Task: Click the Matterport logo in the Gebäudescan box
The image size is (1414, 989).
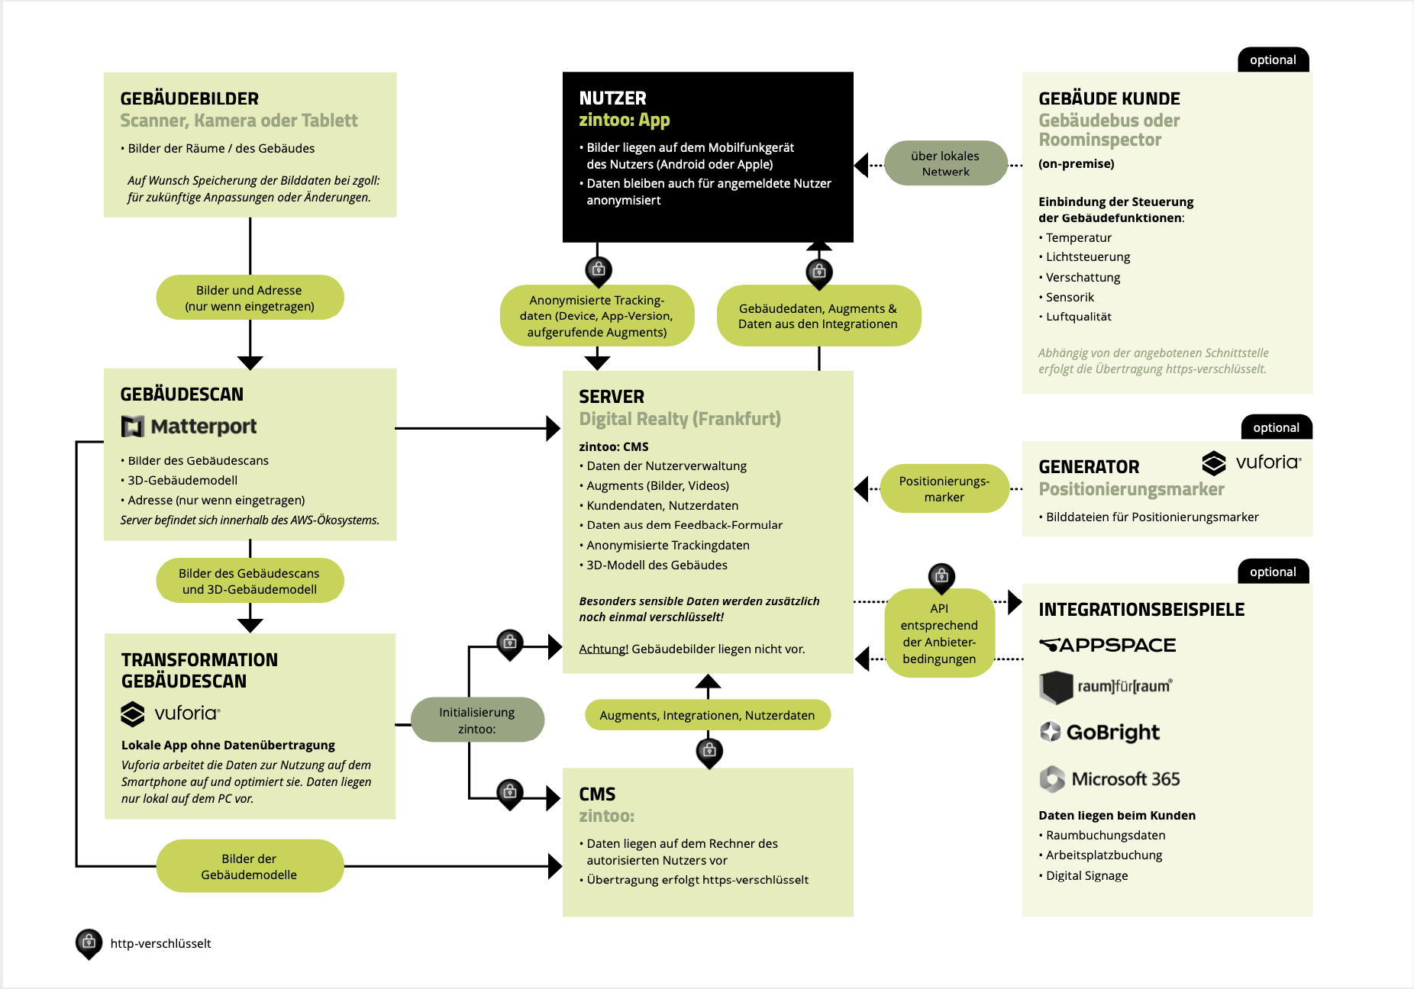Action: (x=189, y=427)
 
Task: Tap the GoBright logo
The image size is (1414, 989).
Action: (x=1099, y=732)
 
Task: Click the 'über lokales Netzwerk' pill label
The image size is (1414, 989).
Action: (x=945, y=163)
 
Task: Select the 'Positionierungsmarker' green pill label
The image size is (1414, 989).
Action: (x=944, y=488)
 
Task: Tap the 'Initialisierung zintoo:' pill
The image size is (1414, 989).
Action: (x=477, y=720)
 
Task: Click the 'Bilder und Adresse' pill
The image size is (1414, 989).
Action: (x=250, y=298)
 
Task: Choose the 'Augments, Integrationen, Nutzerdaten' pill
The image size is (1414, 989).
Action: (x=707, y=715)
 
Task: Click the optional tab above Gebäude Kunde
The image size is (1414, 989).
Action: (x=1273, y=60)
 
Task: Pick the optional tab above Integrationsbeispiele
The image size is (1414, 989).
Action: (x=1273, y=572)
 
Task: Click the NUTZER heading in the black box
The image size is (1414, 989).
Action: (x=612, y=98)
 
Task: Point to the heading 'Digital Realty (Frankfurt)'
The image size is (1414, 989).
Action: (x=680, y=419)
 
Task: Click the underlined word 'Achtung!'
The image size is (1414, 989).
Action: (x=603, y=649)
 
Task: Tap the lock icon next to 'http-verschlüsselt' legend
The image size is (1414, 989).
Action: (x=89, y=942)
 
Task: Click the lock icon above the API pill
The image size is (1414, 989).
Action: (x=941, y=575)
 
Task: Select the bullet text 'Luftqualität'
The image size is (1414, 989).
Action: (x=1078, y=317)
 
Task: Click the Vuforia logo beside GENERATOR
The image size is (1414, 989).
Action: (x=1251, y=462)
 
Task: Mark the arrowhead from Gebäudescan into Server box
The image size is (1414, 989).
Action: (x=554, y=428)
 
